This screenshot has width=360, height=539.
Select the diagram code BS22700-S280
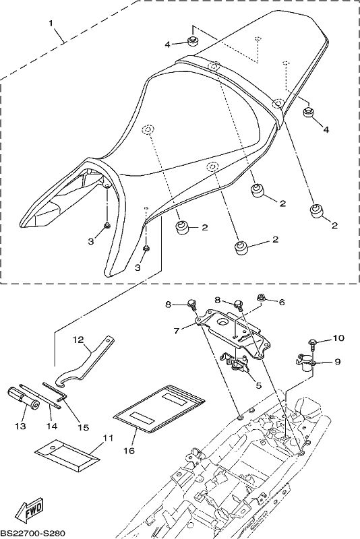pyautogui.click(x=33, y=532)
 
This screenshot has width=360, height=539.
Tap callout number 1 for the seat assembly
pyautogui.click(x=51, y=24)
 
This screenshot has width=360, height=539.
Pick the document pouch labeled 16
pyautogui.click(x=159, y=408)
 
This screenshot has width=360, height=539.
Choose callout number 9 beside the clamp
pyautogui.click(x=337, y=362)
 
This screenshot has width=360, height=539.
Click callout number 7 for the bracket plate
pyautogui.click(x=177, y=331)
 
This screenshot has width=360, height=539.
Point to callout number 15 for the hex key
pyautogui.click(x=83, y=427)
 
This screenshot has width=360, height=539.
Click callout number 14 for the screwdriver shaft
pyautogui.click(x=53, y=426)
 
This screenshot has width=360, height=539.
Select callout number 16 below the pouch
pyautogui.click(x=129, y=450)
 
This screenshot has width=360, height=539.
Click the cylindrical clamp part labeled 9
pyautogui.click(x=305, y=363)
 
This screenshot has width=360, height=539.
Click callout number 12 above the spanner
pyautogui.click(x=78, y=340)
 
